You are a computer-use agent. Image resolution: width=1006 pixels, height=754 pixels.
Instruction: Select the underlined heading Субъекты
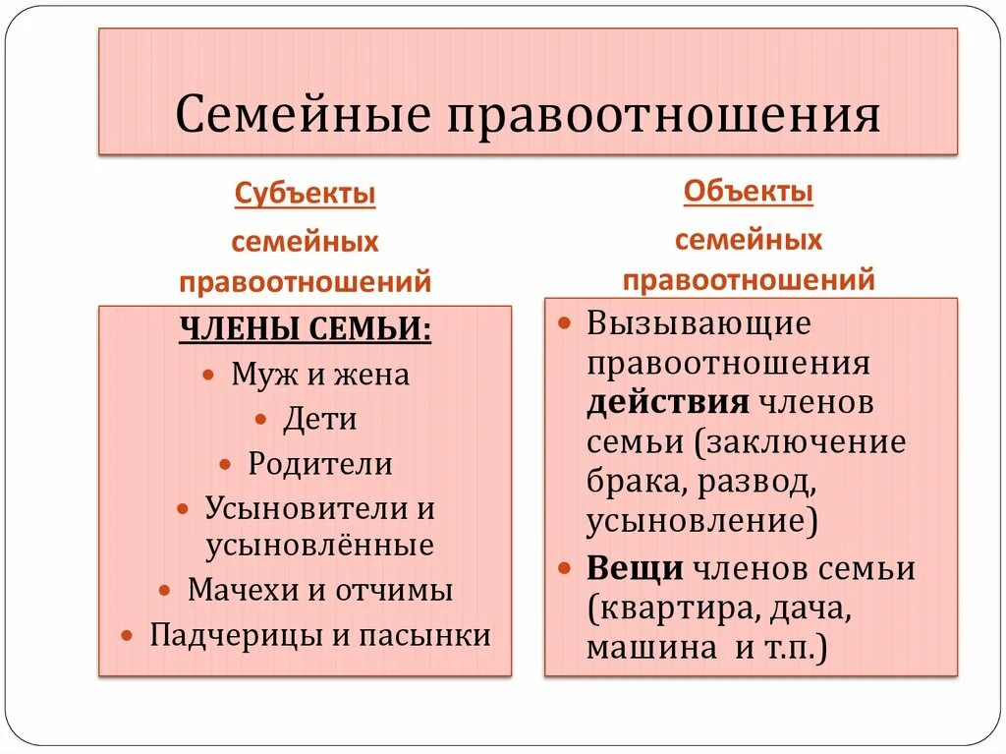tap(305, 193)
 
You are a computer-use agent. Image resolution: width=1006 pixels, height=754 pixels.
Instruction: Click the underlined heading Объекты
tap(749, 191)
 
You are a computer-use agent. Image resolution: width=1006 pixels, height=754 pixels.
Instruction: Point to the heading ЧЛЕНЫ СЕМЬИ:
tap(305, 329)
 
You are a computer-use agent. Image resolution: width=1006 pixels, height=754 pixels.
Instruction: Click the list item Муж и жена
tap(320, 375)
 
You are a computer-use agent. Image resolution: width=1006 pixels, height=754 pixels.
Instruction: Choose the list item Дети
tap(319, 420)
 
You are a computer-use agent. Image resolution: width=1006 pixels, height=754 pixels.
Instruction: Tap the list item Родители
tap(320, 464)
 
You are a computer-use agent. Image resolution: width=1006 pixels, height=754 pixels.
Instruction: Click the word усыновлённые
tap(320, 545)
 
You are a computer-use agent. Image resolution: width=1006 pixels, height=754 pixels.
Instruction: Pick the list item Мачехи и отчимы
tap(320, 590)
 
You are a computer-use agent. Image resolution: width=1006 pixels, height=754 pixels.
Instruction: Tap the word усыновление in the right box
tap(698, 521)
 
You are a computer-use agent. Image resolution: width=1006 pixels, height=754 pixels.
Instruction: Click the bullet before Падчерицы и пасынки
tap(126, 636)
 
